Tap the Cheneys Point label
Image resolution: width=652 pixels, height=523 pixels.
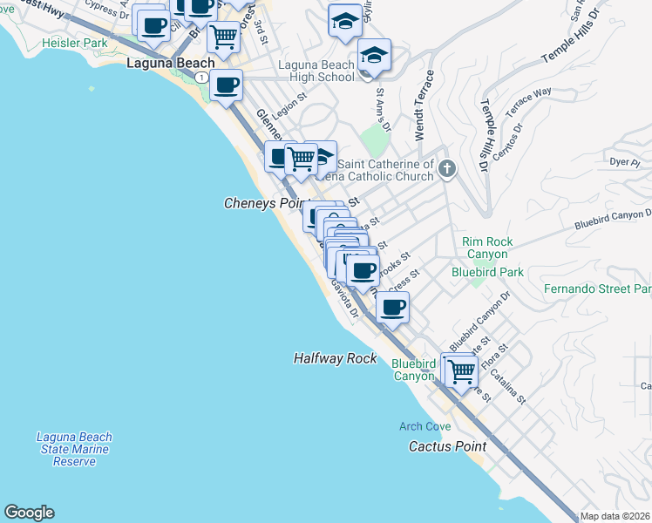(x=262, y=202)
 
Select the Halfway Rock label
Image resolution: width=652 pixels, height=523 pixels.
(x=335, y=358)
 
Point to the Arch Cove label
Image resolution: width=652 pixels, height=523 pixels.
(x=424, y=426)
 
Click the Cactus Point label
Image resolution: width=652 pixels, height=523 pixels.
(x=447, y=446)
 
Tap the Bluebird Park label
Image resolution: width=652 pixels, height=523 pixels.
(x=487, y=272)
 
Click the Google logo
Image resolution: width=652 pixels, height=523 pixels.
(x=29, y=513)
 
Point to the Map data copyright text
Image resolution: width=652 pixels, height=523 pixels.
(x=615, y=516)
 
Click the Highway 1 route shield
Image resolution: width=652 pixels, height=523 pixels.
(x=202, y=78)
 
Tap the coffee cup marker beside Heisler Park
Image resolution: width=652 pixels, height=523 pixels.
(x=153, y=26)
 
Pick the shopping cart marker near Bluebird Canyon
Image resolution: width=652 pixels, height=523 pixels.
(x=461, y=371)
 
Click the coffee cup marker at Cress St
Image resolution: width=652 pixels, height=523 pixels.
(x=393, y=307)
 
